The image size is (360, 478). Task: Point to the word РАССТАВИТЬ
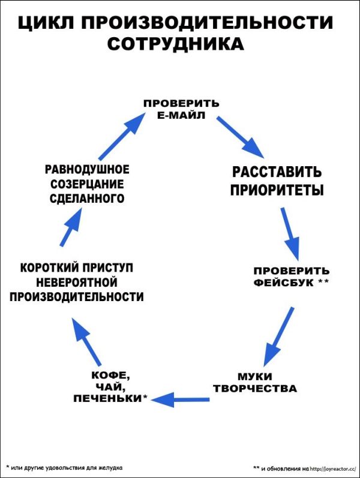[x=277, y=173]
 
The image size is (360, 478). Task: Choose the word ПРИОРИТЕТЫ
[x=277, y=191]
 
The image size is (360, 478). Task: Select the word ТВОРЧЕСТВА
[x=254, y=388]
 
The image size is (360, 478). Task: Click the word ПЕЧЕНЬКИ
[x=107, y=398]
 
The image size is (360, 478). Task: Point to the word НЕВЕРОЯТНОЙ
[x=76, y=281]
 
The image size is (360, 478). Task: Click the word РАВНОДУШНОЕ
[x=87, y=169]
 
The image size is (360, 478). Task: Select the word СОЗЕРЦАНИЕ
[x=87, y=184]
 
